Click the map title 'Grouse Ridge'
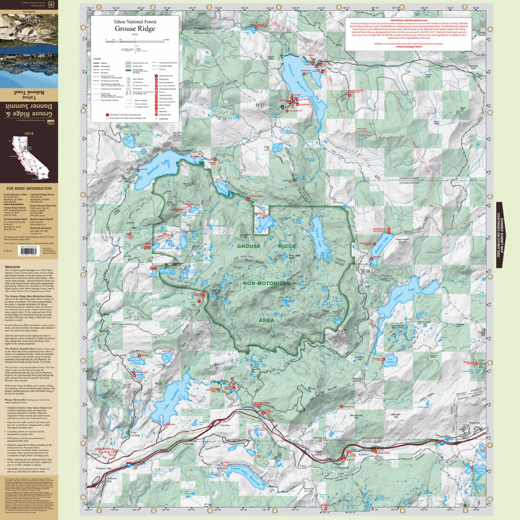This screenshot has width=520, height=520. [135, 29]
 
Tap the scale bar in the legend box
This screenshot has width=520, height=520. [135, 40]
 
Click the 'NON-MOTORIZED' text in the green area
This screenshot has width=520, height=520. [266, 283]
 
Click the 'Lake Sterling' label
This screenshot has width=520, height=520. [391, 361]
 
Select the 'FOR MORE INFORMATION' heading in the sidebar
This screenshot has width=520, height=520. [29, 188]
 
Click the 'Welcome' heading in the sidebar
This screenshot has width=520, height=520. [12, 267]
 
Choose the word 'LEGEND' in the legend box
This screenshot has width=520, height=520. [97, 58]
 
